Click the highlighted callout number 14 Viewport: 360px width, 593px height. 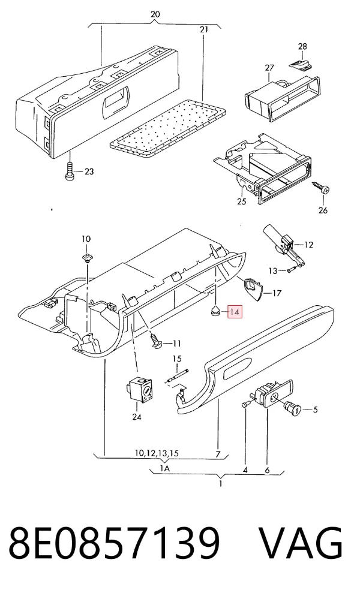tap(235, 312)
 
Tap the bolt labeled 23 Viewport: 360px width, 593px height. tap(70, 171)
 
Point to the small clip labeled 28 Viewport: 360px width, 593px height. tap(301, 64)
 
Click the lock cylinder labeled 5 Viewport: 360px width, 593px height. tap(292, 408)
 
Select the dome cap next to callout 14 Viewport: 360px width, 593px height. tap(215, 312)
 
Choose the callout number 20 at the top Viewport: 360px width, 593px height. tap(155, 14)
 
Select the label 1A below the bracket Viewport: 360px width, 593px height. tap(164, 469)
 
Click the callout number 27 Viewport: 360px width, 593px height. tap(269, 68)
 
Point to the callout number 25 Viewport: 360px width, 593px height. tap(242, 201)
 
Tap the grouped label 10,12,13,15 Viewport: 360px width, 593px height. tap(157, 453)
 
